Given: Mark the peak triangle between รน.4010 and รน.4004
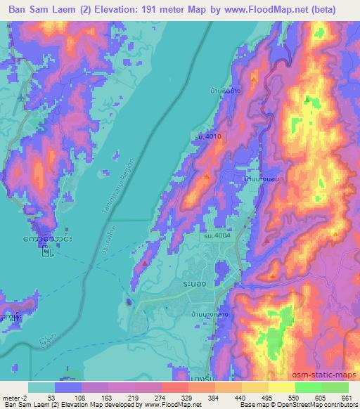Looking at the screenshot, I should coord(206,176).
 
